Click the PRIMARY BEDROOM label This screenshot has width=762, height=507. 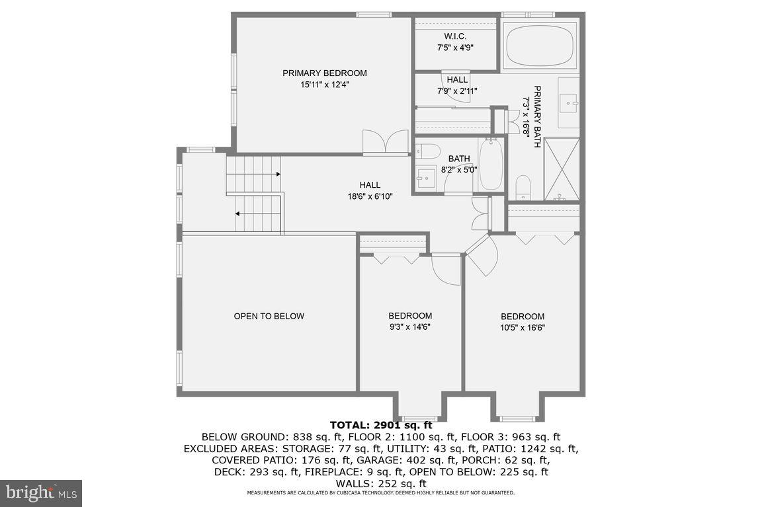(324, 73)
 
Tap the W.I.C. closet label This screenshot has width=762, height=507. (455, 36)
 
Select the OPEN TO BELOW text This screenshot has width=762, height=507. (269, 317)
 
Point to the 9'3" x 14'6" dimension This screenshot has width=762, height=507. (410, 327)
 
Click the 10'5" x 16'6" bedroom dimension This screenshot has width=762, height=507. (523, 327)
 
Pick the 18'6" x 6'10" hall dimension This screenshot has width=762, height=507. (370, 196)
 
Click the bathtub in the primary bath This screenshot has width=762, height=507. (540, 45)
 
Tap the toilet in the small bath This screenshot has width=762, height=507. (427, 151)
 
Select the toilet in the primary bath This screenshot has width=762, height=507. (523, 186)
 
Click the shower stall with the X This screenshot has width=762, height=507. (562, 169)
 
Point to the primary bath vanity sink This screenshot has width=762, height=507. (570, 102)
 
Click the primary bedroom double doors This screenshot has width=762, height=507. (386, 142)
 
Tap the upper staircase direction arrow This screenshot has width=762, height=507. (278, 174)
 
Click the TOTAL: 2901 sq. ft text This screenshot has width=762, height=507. (380, 425)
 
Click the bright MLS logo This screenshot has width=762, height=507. (40, 492)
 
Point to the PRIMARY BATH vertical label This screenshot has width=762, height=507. (537, 116)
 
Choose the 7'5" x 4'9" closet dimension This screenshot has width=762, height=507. (455, 48)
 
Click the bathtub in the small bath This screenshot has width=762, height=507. (491, 165)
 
